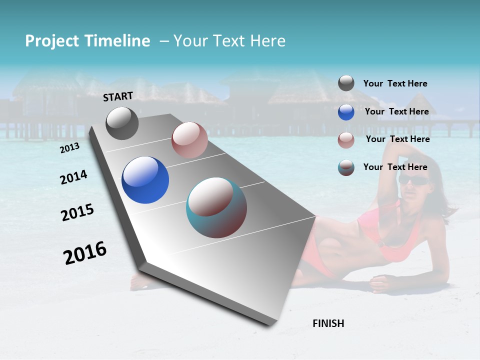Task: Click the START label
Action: coord(118,96)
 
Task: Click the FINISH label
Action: coord(328,323)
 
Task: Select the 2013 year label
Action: coord(69,148)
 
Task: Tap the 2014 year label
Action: coord(73,177)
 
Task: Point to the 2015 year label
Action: coord(77,212)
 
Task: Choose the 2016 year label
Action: coord(85,253)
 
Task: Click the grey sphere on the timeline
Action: coord(122,123)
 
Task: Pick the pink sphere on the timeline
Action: coord(189,140)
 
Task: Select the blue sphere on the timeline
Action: coord(145,180)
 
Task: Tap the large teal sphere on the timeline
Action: coord(216,207)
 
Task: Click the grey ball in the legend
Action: coord(346,83)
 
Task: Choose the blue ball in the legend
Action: coord(346,112)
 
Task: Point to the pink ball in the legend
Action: coord(346,140)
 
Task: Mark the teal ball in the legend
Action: coord(346,167)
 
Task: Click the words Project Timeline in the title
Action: coord(87,41)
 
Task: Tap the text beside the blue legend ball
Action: coord(396,111)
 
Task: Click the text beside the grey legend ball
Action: coord(395,83)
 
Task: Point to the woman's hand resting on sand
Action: coord(382,283)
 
